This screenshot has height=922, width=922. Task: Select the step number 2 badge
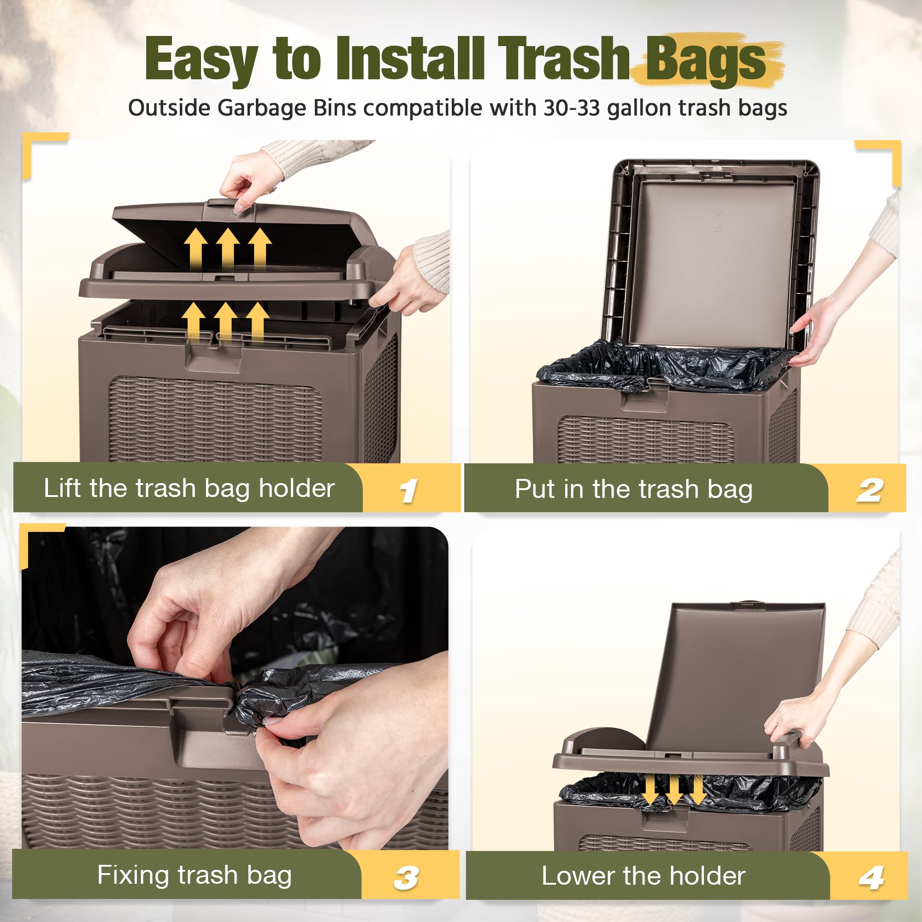(869, 491)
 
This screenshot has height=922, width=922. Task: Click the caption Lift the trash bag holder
(189, 488)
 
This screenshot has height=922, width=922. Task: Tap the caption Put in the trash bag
(634, 489)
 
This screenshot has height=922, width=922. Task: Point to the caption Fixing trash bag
(194, 875)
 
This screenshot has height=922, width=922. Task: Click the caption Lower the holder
(643, 876)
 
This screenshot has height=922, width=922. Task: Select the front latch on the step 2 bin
(644, 401)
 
